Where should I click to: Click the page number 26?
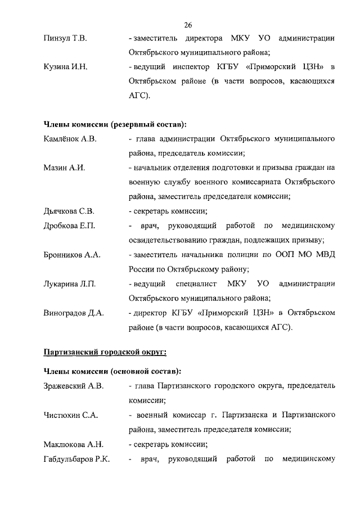point(188,24)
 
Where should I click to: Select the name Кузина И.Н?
point(65,67)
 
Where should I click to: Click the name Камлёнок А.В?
point(71,138)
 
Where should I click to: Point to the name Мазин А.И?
point(64,168)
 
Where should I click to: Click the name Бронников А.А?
point(72,255)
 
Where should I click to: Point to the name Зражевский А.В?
point(74,386)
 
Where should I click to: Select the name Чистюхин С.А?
point(71,416)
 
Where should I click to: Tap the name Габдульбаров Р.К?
point(76,460)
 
